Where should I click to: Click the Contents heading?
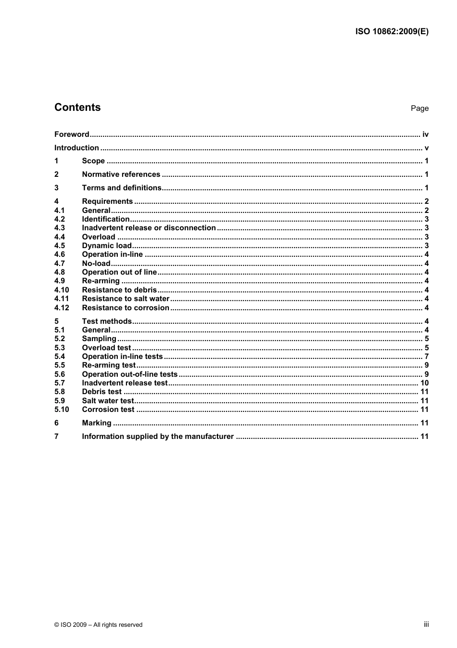[x=77, y=107]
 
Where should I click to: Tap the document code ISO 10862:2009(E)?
[x=392, y=32]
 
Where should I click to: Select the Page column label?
[x=419, y=108]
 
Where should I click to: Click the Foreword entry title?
[x=72, y=134]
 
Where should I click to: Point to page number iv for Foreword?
[x=425, y=134]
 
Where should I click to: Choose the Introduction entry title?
[x=76, y=148]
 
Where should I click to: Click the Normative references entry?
[x=121, y=174]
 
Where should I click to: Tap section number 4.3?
[x=60, y=228]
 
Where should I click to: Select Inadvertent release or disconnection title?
[x=149, y=228]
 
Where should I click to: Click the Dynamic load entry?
[x=106, y=246]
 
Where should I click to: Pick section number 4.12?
[x=62, y=308]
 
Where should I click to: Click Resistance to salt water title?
[x=126, y=299]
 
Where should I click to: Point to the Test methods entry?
[x=106, y=321]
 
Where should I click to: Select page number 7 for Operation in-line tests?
[x=426, y=357]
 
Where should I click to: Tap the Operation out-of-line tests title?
[x=129, y=374]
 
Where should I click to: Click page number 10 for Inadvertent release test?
[x=424, y=383]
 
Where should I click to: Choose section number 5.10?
[x=62, y=410]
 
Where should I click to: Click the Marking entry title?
[x=96, y=423]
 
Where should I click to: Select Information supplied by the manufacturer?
[x=158, y=436]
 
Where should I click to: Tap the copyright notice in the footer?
[x=99, y=625]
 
